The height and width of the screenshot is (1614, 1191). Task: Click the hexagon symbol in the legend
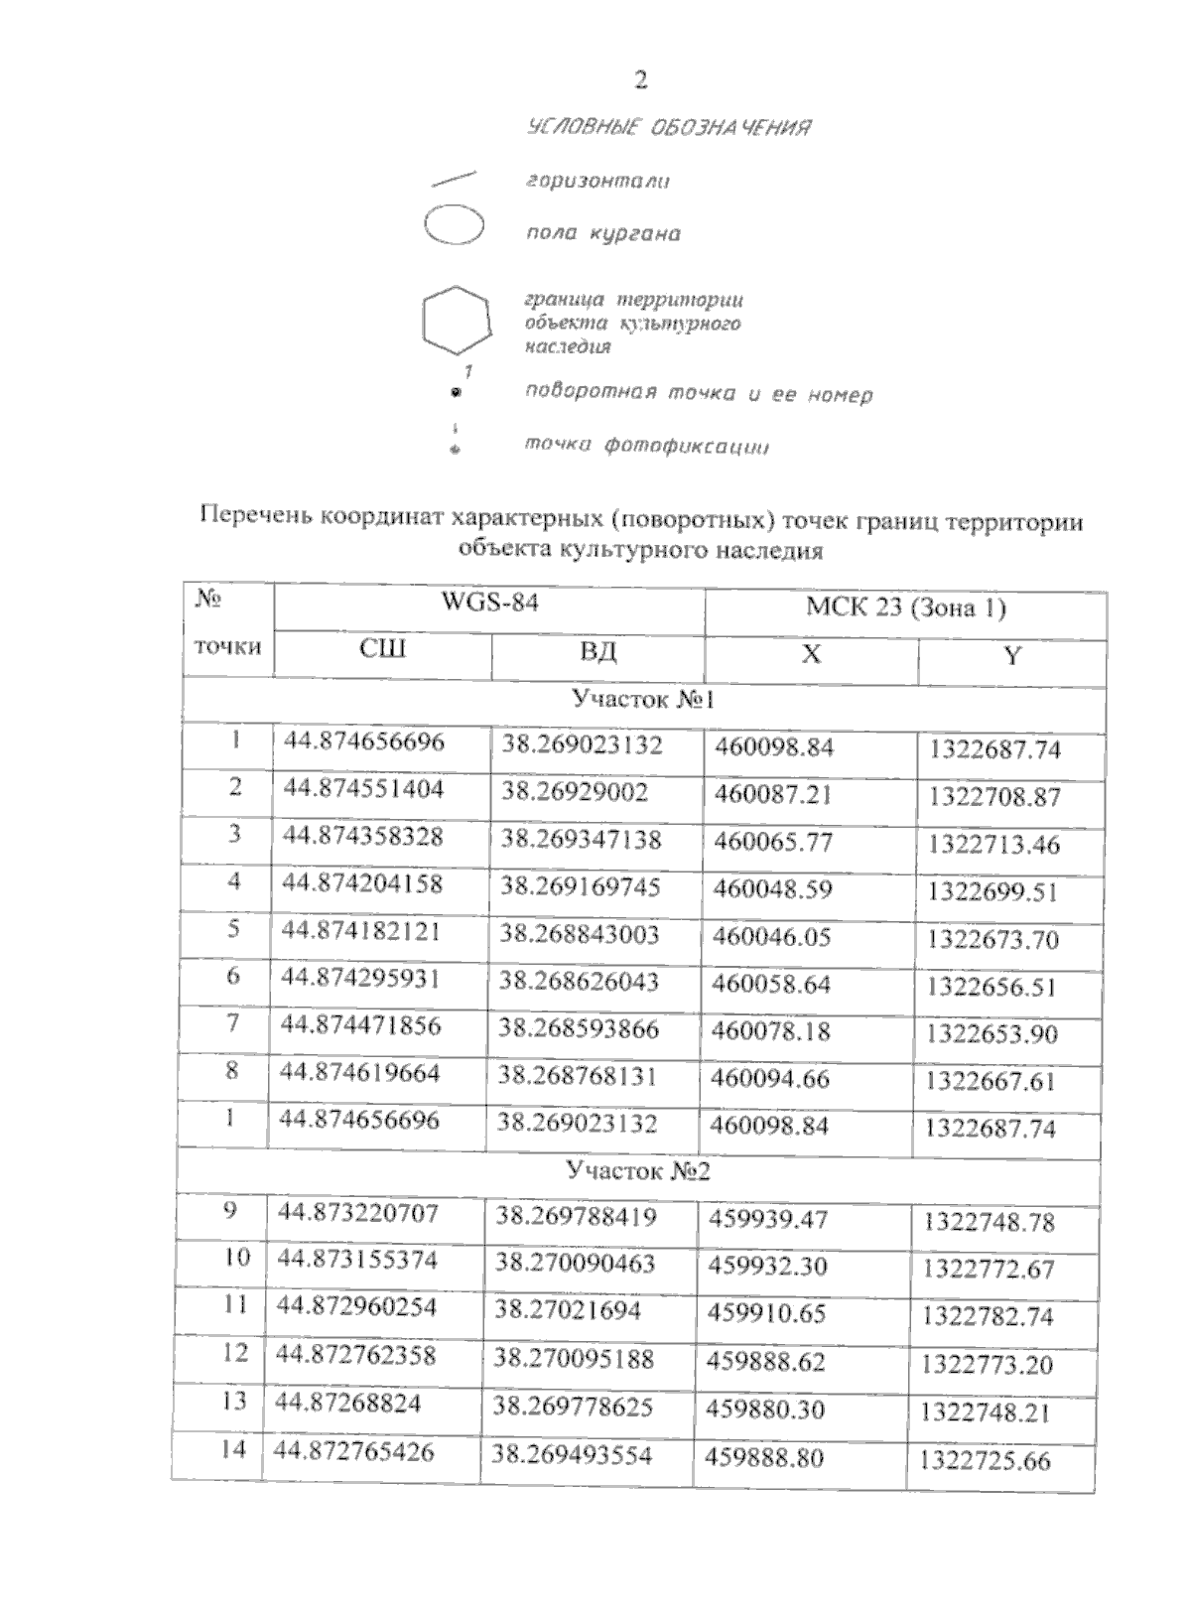456,320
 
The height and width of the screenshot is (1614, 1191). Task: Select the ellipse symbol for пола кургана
454,225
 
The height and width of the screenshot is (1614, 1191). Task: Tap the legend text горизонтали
596,182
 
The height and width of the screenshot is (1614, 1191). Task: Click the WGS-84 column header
489,604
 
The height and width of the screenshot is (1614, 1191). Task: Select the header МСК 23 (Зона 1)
905,607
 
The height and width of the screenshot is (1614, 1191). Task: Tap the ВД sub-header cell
597,652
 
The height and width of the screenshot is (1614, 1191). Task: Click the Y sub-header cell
1011,656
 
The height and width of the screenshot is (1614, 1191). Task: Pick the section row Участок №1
643,701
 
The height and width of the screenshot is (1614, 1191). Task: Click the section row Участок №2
638,1171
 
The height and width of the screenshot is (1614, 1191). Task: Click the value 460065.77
773,843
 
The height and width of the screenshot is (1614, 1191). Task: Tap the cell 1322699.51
992,892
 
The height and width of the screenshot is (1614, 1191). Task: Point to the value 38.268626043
579,982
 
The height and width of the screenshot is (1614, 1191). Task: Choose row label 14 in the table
232,1450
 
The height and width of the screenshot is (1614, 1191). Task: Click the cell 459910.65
766,1313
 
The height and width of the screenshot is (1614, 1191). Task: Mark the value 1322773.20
987,1365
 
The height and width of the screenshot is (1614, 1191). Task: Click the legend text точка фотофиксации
647,447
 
